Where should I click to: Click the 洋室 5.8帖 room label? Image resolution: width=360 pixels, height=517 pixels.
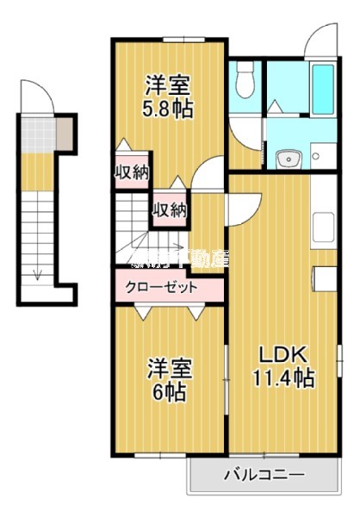[x=168, y=97]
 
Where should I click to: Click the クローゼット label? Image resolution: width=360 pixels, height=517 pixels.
[x=162, y=288]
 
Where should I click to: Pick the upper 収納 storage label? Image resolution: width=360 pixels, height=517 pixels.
[x=132, y=171]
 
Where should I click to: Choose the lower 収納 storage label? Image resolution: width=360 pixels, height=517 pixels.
[x=170, y=209]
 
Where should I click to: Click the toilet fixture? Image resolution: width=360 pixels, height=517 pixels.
[x=244, y=82]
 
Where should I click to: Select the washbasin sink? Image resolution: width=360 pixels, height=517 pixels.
[x=287, y=159]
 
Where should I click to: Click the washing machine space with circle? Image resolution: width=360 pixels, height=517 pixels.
[x=316, y=156]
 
